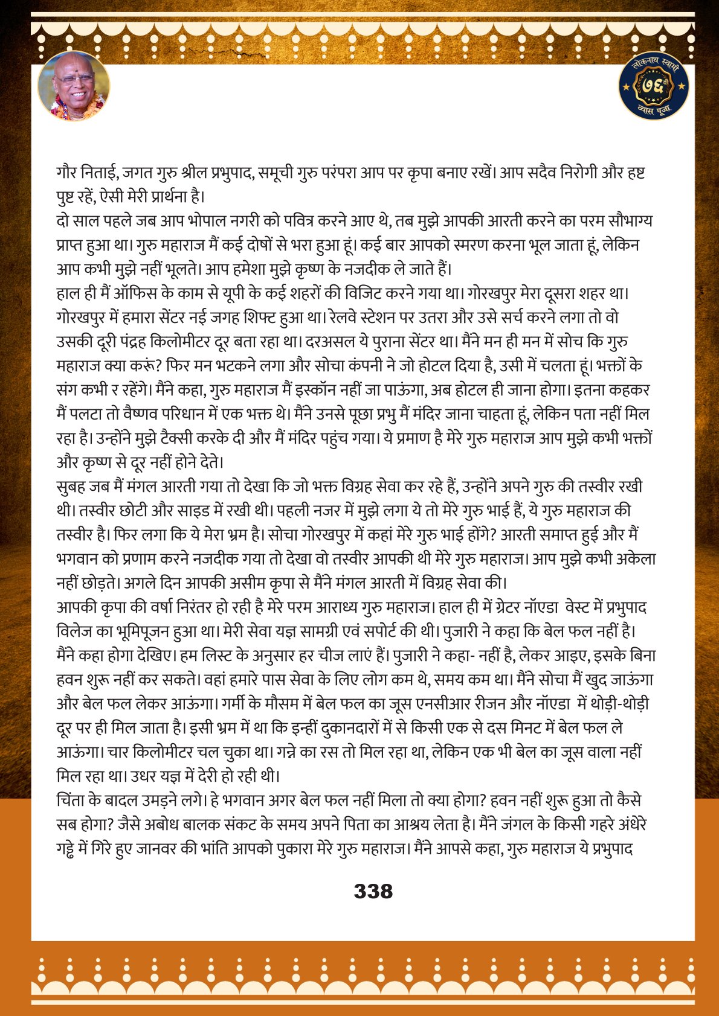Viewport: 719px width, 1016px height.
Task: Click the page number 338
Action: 373,891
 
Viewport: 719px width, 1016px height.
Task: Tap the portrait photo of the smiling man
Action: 74,86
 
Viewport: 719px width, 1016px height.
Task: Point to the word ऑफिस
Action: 158,294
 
